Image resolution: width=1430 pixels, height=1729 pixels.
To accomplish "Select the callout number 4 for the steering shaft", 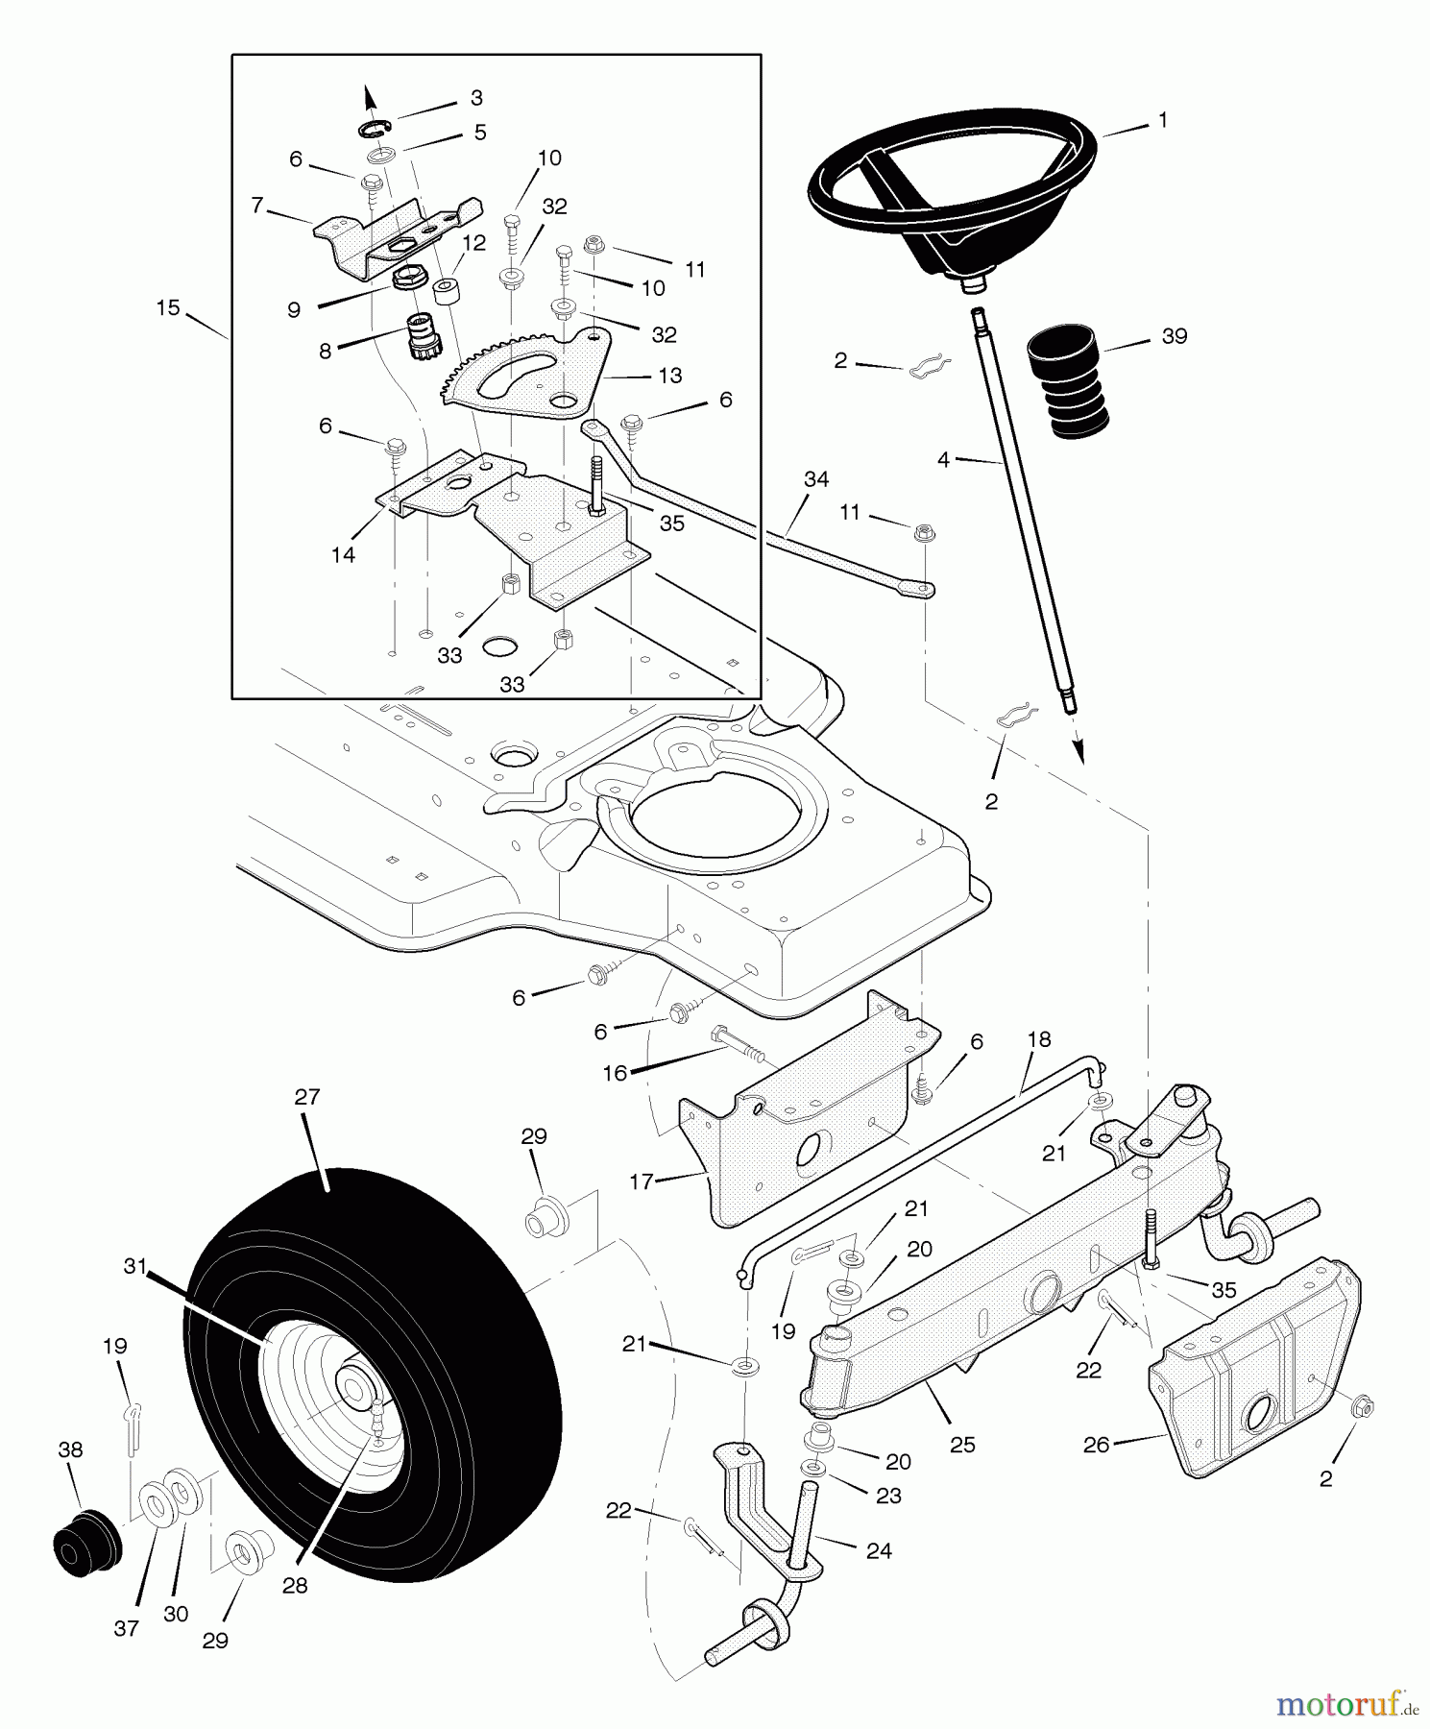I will point(943,461).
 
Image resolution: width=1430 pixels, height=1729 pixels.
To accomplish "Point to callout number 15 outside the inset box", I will point(168,308).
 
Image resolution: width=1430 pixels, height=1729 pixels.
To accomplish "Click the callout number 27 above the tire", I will point(306,1096).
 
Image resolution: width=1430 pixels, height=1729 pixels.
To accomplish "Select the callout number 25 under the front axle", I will point(962,1444).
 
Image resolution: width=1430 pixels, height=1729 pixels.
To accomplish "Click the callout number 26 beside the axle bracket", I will point(1096,1444).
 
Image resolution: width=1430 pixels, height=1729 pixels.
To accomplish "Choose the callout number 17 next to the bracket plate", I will point(642,1181).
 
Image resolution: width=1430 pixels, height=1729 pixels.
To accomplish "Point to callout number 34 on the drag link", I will point(815,478).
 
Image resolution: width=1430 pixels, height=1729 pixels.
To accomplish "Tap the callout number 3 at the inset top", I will point(476,98).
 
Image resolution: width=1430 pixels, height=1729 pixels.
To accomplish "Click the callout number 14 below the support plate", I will point(343,554).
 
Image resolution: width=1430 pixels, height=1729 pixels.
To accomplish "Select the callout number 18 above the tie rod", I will point(1038,1039).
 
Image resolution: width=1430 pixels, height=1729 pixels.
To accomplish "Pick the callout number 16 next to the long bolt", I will point(615,1073).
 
